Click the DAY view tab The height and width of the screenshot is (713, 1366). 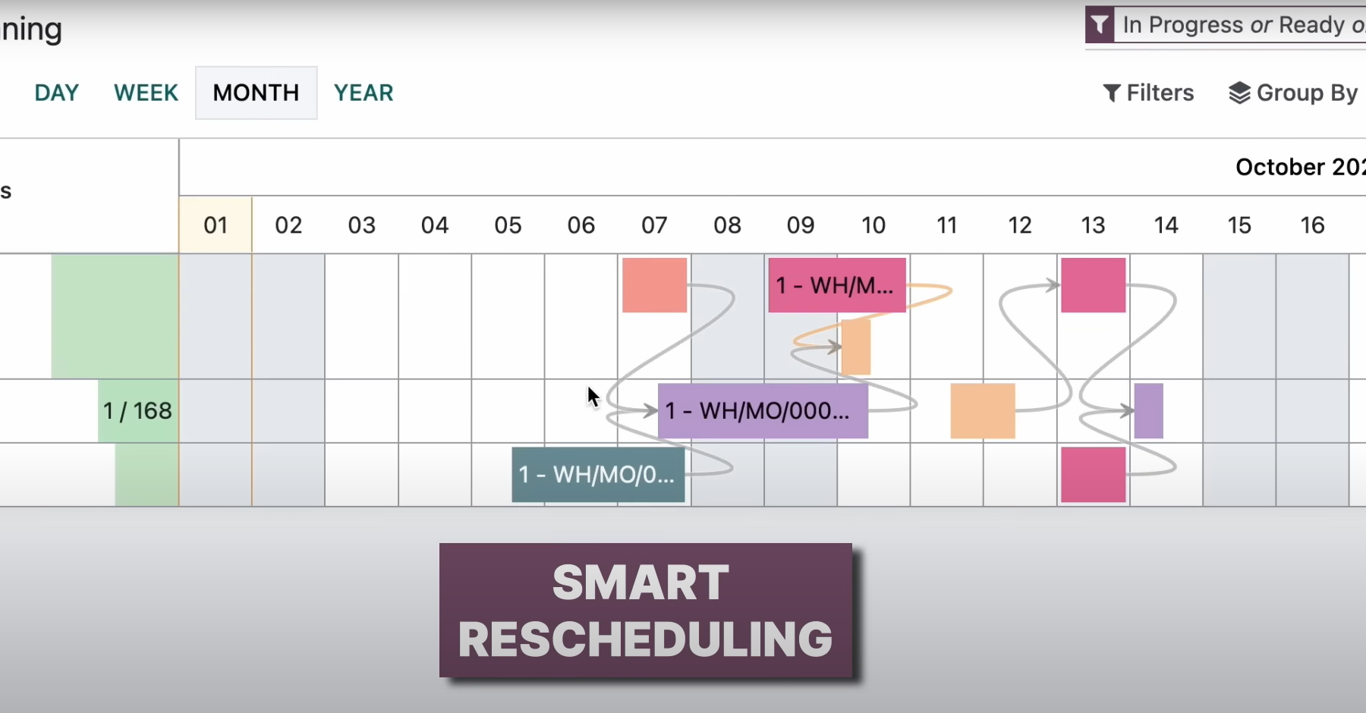[57, 93]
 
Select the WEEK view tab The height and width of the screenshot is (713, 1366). [146, 93]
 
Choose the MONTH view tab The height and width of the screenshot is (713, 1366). [256, 93]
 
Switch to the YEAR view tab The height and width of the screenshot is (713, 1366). [364, 93]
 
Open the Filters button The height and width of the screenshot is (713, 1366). [1148, 93]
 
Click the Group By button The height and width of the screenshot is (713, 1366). [1293, 93]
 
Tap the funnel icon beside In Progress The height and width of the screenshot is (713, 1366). [1100, 25]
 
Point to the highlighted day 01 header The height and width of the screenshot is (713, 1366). [216, 225]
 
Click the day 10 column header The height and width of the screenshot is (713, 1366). [873, 225]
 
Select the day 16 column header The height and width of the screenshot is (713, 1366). [1312, 225]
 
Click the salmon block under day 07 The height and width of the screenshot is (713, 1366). [654, 285]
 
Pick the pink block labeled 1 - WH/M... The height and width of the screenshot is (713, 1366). [836, 285]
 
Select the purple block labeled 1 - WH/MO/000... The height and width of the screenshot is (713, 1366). [762, 410]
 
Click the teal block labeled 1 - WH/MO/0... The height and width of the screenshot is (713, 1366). [598, 475]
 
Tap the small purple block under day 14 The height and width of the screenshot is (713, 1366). [1148, 410]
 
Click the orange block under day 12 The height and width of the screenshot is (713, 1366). [982, 410]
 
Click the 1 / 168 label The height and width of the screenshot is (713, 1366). [137, 410]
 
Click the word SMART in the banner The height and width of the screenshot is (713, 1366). [641, 583]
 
